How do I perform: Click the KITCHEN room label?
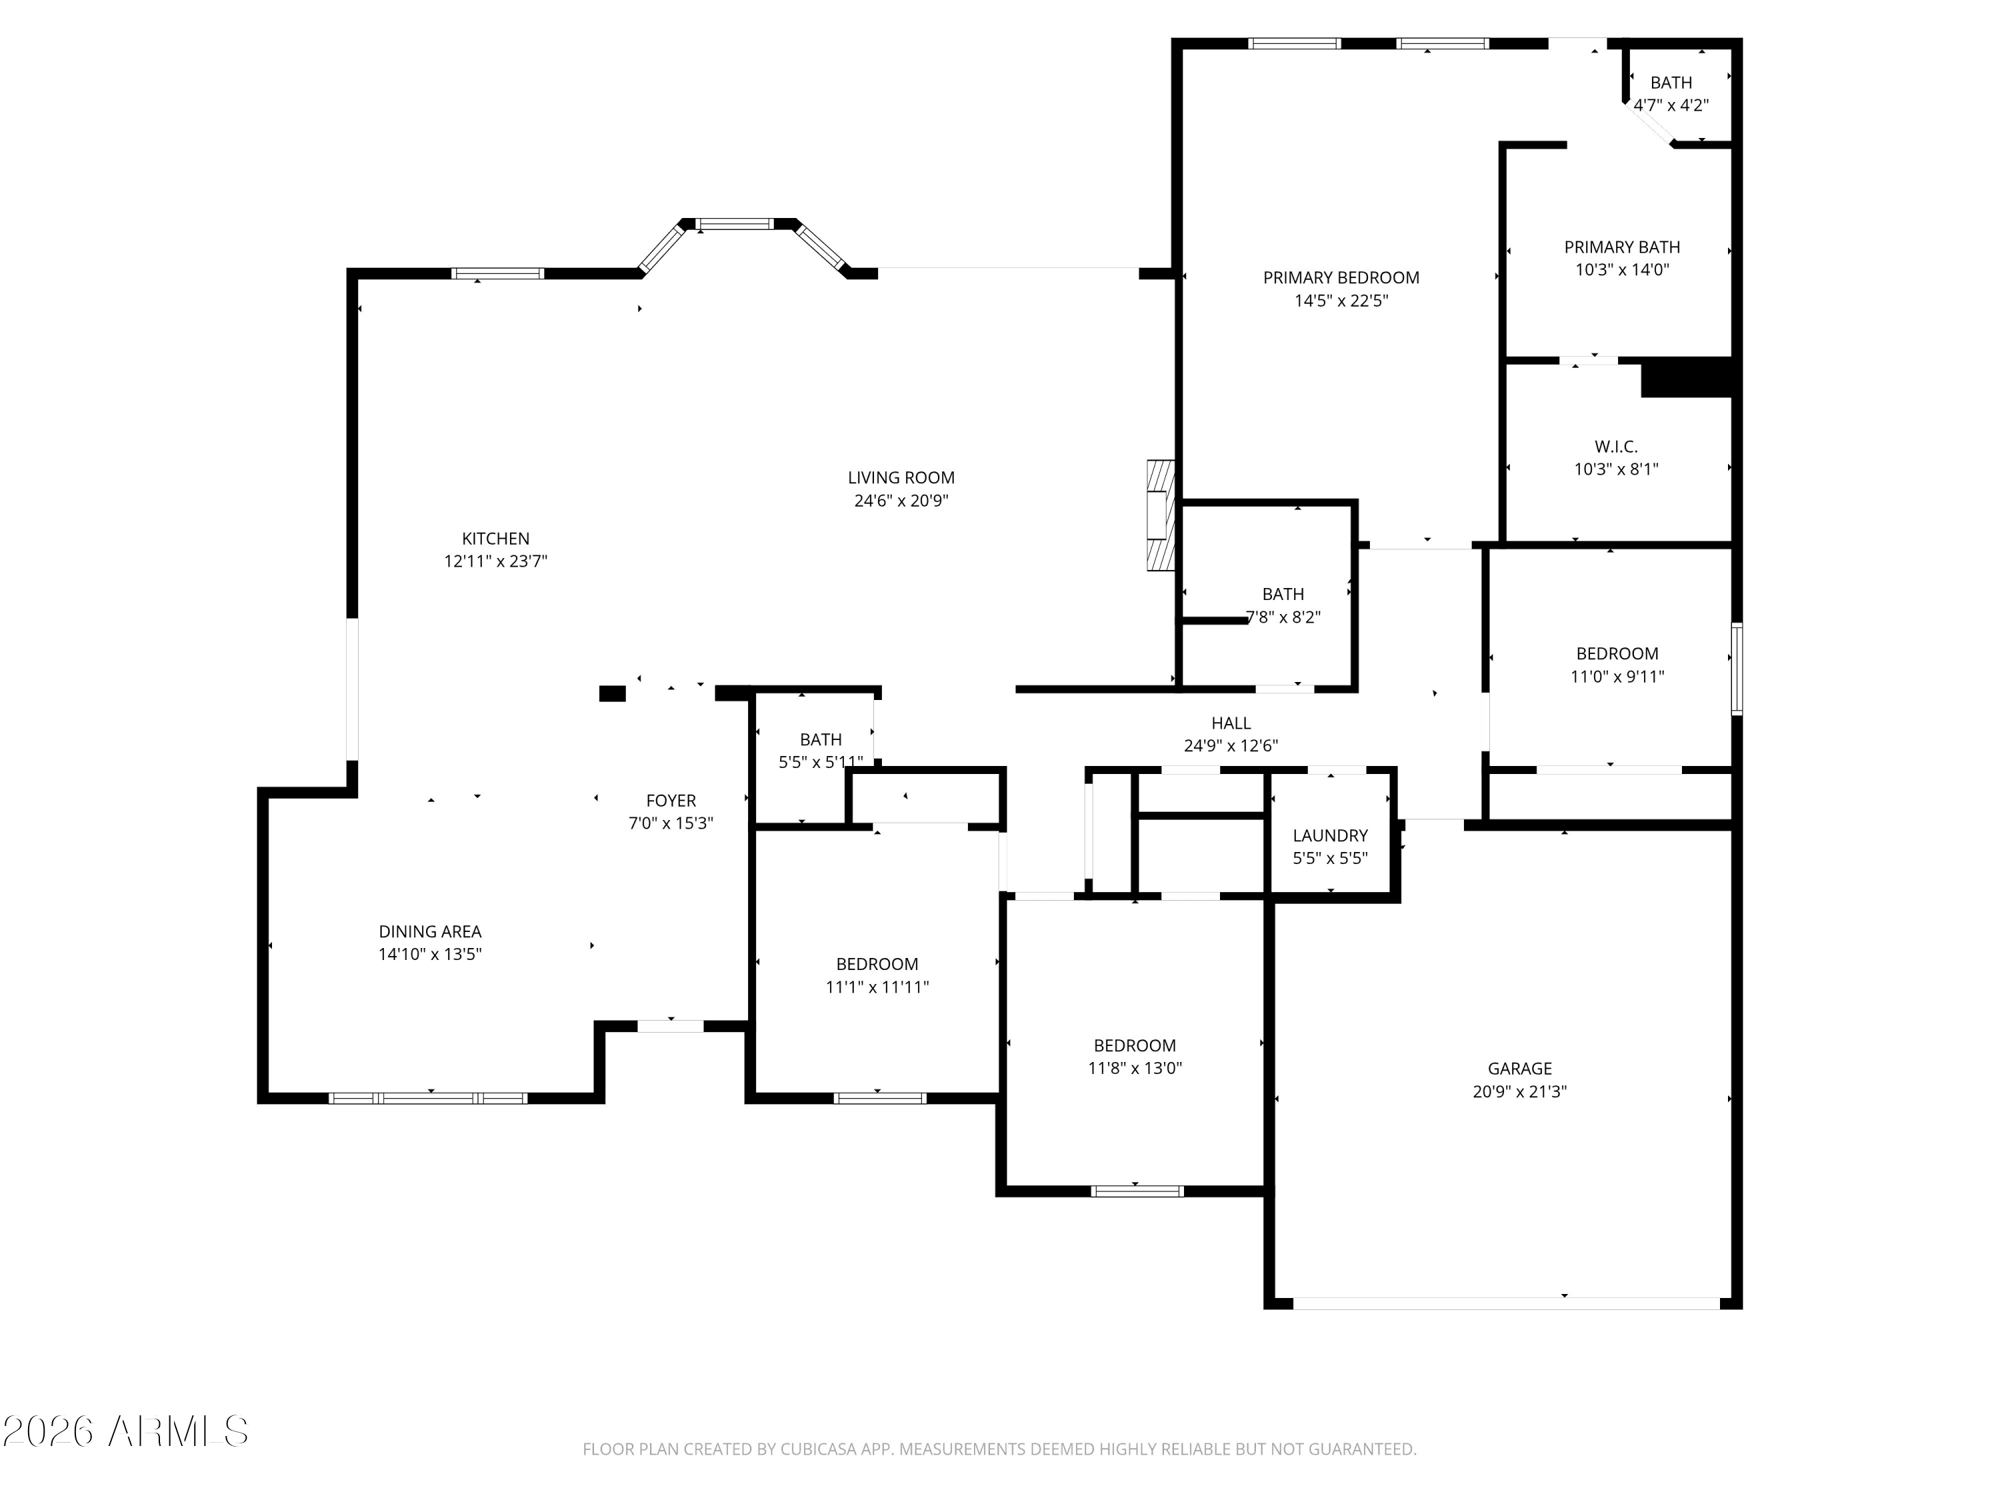click(495, 539)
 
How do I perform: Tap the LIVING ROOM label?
click(901, 477)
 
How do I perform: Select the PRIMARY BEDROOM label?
click(1341, 277)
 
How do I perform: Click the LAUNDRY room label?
click(1330, 835)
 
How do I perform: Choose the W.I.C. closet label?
click(1616, 447)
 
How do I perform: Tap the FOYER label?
click(671, 800)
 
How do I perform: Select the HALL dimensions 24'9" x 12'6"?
click(1231, 746)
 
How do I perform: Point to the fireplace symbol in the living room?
click(1160, 515)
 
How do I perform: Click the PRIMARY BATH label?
click(1622, 247)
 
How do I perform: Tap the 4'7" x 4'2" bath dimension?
click(1671, 105)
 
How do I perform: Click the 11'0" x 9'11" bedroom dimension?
click(1617, 676)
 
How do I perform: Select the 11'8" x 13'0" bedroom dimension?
click(1135, 1068)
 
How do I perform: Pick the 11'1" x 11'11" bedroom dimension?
click(877, 987)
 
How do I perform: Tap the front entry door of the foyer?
click(671, 1026)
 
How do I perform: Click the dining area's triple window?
click(428, 1099)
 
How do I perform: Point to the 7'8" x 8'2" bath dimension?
click(1283, 617)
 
